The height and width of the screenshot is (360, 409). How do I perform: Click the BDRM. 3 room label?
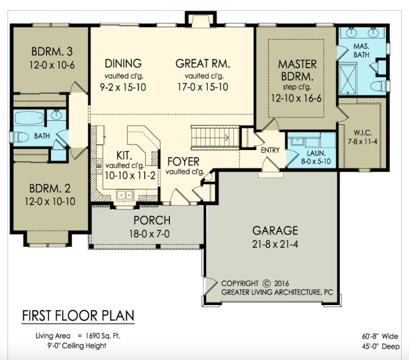[52, 51]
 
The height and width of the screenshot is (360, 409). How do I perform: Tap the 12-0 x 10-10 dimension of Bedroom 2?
[50, 201]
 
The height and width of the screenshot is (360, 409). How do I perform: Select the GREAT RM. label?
[203, 63]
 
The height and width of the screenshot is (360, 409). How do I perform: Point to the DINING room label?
[123, 63]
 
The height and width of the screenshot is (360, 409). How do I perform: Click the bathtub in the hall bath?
[29, 118]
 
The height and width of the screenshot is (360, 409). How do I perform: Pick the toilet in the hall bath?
[20, 137]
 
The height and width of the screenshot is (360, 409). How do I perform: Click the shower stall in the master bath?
[347, 80]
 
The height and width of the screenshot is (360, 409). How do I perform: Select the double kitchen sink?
[125, 195]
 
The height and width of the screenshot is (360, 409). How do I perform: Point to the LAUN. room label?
[316, 153]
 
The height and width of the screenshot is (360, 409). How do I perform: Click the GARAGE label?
[275, 231]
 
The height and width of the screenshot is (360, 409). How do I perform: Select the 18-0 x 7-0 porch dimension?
[149, 234]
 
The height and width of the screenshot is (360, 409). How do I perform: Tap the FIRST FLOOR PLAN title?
[78, 315]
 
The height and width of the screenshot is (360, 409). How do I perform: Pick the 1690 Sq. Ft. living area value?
[103, 336]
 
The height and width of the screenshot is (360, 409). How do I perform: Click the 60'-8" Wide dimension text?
[380, 336]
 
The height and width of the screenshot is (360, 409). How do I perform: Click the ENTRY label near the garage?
[270, 150]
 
